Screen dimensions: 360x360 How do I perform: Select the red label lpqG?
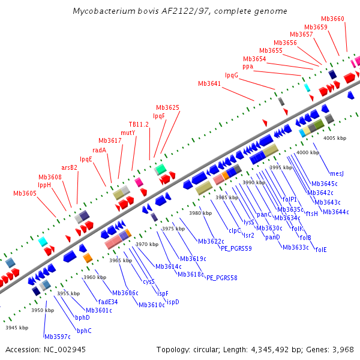232,75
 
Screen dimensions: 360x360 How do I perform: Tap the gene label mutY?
127,132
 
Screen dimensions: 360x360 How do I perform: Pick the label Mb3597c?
58,337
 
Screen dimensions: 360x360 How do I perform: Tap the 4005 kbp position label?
335,138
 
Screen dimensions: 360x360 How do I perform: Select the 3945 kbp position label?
17,328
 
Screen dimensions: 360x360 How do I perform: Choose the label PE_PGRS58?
222,278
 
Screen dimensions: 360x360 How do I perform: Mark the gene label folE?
321,250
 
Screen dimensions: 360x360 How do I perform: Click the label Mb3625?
167,107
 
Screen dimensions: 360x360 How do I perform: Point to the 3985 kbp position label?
227,197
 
